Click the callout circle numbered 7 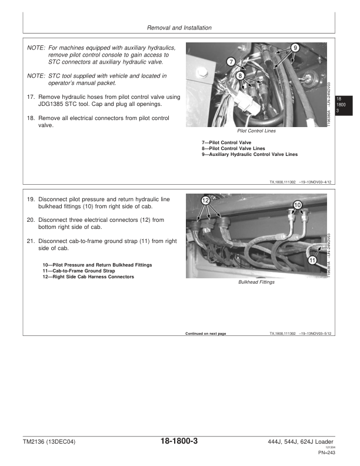(x=231, y=61)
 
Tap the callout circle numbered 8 (x=241, y=75)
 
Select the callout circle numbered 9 (x=295, y=47)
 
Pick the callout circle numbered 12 (x=205, y=200)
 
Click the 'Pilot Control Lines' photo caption (x=256, y=131)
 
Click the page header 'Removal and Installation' (x=179, y=28)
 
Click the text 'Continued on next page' (x=205, y=334)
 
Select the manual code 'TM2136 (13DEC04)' (x=50, y=442)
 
